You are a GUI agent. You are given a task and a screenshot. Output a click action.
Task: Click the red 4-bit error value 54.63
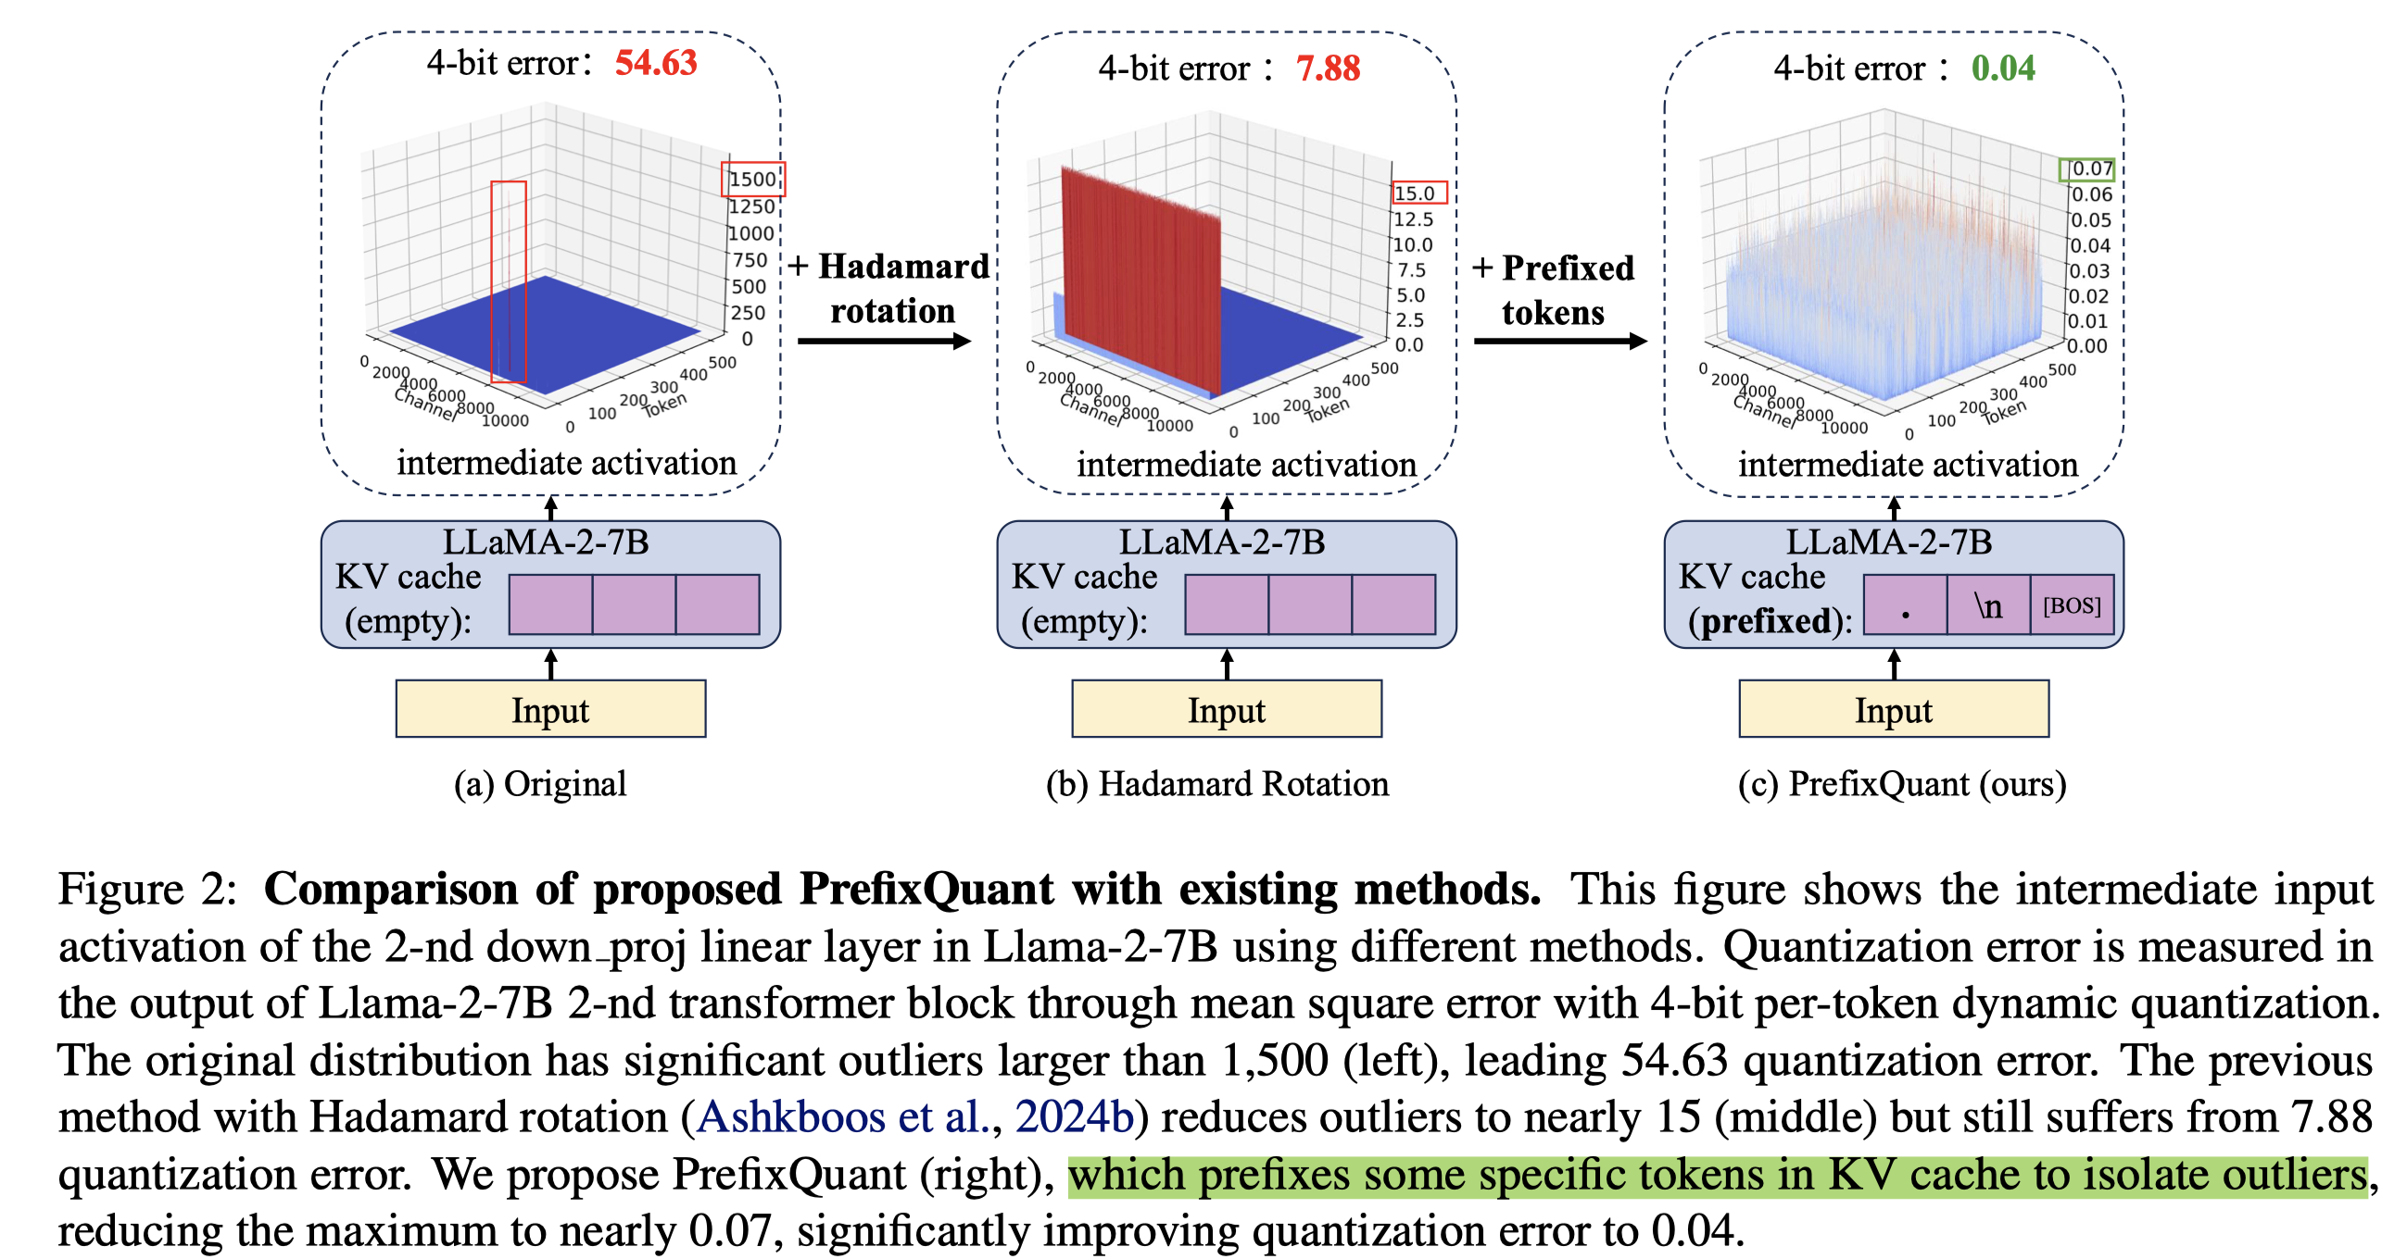(x=655, y=64)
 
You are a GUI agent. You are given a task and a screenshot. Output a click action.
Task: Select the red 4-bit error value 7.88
(x=1327, y=69)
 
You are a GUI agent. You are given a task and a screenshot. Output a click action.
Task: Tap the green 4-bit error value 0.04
(x=2002, y=69)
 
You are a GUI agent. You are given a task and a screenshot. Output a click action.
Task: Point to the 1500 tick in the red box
(x=752, y=180)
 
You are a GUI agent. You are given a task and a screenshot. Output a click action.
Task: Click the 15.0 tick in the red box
(x=1415, y=193)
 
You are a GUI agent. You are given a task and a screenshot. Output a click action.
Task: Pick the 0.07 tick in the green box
(x=2088, y=169)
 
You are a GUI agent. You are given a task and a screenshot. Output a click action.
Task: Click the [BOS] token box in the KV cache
(x=2071, y=605)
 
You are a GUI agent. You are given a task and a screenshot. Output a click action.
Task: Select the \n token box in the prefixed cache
(x=1987, y=605)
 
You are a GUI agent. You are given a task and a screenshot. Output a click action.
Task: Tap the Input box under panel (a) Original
(x=550, y=710)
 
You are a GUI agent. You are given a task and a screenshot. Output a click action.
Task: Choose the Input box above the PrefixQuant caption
(x=1893, y=710)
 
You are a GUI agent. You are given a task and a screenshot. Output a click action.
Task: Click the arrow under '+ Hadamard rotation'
(x=883, y=342)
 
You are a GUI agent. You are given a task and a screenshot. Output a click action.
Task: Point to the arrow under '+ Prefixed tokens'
(x=1558, y=342)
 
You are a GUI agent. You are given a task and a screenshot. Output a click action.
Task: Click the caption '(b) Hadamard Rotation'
(x=1216, y=783)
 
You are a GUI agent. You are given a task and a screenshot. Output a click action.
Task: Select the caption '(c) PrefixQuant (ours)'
(x=1901, y=783)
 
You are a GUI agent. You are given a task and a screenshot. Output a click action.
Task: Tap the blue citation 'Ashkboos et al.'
(x=842, y=1117)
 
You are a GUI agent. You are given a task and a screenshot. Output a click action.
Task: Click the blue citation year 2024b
(x=1074, y=1117)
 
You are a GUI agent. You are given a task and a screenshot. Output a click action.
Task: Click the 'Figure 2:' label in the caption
(x=147, y=889)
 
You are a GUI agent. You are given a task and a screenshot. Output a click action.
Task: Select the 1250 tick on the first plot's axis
(x=751, y=206)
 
